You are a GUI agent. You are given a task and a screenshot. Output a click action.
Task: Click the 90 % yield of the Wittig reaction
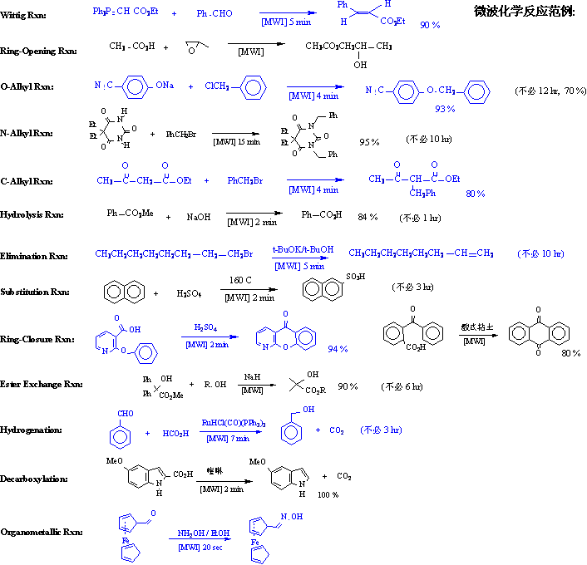(430, 26)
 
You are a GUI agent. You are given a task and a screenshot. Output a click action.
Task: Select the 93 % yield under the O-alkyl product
(445, 109)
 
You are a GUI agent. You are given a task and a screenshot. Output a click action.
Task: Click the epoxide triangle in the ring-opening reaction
(191, 49)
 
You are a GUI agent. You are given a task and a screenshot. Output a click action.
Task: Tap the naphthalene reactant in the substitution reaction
(121, 292)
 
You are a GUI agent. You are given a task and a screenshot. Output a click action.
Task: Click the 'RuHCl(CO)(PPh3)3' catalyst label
(234, 423)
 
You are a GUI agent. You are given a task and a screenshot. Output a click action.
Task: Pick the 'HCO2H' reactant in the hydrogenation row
(175, 432)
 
